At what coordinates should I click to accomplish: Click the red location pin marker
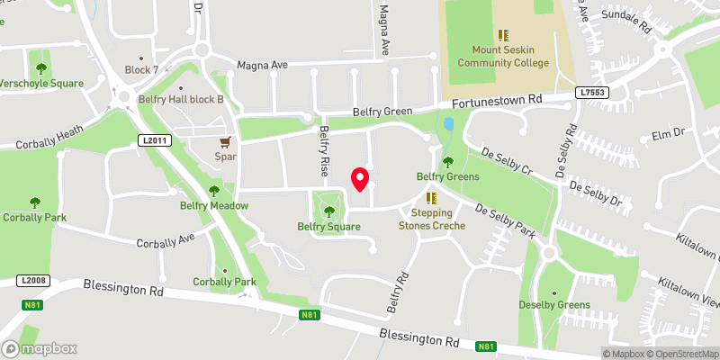coord(360,179)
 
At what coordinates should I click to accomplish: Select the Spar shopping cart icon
coord(226,141)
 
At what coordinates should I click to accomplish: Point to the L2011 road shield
coord(153,140)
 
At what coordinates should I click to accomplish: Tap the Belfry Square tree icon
coord(328,211)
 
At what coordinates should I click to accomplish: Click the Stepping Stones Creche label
coord(432,219)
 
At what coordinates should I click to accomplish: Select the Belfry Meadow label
coord(214,205)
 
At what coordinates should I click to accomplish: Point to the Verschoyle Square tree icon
coord(40,67)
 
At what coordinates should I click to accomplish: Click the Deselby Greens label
coord(554,305)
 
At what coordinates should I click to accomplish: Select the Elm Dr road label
coord(667,134)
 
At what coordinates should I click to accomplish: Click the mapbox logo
coord(40,348)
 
